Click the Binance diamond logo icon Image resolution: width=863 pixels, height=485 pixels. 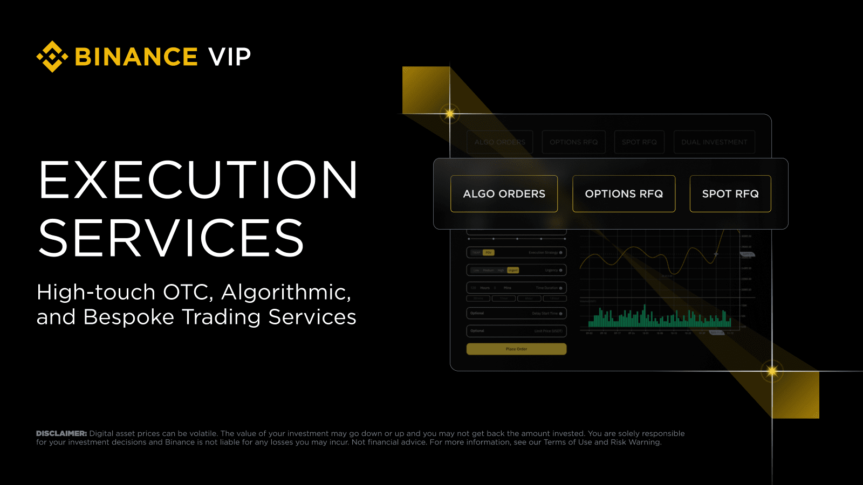[52, 57]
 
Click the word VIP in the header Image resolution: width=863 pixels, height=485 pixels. [230, 57]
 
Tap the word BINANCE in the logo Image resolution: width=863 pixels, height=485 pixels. [136, 57]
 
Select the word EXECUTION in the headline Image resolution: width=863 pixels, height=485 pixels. [198, 180]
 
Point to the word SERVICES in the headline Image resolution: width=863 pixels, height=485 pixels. [172, 238]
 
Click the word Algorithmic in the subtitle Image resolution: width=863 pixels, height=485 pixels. [286, 292]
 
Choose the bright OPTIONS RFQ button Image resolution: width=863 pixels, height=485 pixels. [624, 193]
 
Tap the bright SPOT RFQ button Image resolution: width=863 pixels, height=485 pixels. [730, 193]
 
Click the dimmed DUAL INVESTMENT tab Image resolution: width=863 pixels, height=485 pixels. [714, 142]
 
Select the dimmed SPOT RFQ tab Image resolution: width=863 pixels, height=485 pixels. [639, 142]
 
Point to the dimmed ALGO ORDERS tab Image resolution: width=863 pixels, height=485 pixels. [499, 142]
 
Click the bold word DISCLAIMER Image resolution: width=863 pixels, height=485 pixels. [61, 433]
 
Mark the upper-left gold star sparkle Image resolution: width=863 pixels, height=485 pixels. [450, 114]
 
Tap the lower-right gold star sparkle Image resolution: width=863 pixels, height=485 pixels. [772, 371]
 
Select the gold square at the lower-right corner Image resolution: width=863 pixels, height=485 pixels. [796, 395]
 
